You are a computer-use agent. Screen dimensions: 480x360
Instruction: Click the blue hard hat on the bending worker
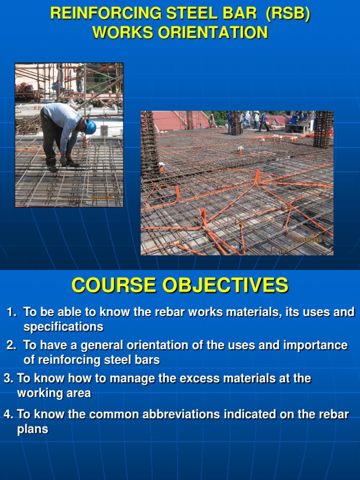pos(90,127)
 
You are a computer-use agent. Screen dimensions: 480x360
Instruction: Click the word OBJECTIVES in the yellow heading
pos(225,285)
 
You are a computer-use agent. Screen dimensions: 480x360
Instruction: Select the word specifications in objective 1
pos(63,326)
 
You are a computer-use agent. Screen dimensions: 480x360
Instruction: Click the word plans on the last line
pos(32,429)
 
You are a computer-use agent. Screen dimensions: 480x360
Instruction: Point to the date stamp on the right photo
pos(307,240)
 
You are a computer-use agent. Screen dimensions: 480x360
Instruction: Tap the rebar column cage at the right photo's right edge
pos(323,129)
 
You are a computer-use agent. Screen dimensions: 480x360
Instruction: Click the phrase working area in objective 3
pos(54,393)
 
